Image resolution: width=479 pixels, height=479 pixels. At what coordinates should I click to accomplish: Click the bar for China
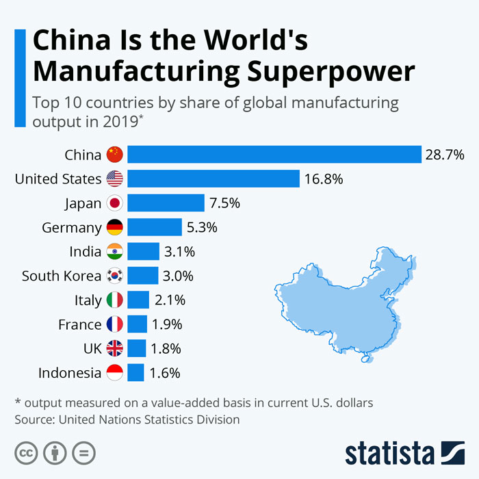point(274,155)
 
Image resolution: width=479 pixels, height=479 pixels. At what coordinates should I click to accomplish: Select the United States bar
point(213,179)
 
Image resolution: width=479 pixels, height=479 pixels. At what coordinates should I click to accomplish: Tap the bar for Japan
point(166,203)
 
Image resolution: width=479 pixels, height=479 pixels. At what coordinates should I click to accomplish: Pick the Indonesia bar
point(135,373)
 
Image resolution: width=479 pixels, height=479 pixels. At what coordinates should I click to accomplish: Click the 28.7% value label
point(445,155)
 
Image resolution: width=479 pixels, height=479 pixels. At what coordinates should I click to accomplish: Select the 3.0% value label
point(178,276)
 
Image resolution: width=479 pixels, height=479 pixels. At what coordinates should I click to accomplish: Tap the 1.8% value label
point(165,348)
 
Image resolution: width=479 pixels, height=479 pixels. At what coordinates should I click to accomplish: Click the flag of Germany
point(114,227)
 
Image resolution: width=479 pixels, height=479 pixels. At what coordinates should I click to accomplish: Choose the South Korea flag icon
point(114,276)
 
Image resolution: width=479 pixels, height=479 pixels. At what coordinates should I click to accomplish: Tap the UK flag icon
point(114,348)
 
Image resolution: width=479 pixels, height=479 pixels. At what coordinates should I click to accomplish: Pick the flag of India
point(114,252)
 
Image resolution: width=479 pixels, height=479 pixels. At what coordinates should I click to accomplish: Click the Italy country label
point(88,300)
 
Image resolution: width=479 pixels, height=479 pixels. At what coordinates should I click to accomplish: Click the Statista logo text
point(390,452)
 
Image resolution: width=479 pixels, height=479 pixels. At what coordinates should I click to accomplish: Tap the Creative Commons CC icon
point(26,452)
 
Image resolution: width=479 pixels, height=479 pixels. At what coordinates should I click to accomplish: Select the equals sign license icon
point(83,452)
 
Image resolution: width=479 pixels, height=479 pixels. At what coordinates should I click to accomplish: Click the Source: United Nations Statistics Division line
point(127,419)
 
